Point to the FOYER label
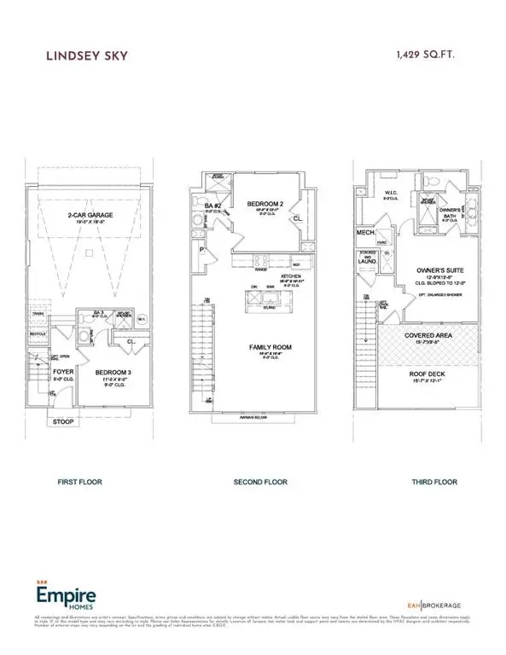coord(41,372)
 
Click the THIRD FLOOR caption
coord(433,483)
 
